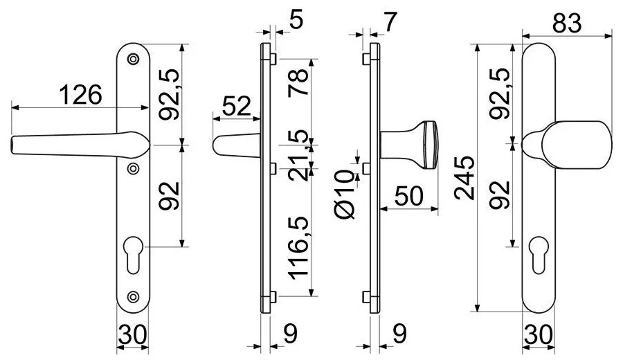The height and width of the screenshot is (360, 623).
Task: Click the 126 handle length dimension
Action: click(x=81, y=95)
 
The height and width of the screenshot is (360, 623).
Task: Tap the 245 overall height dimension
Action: click(x=464, y=178)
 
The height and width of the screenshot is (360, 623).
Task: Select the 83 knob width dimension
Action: click(x=566, y=23)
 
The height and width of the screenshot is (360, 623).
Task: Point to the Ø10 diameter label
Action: click(x=344, y=194)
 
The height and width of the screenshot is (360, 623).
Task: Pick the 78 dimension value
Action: click(x=298, y=82)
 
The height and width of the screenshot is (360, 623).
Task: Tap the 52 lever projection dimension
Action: click(x=237, y=106)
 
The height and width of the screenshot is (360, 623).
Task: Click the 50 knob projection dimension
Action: click(x=409, y=196)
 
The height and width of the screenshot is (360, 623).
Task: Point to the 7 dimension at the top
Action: click(x=390, y=23)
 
